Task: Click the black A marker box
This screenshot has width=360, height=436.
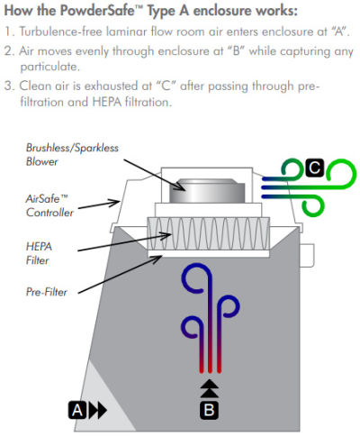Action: click(77, 410)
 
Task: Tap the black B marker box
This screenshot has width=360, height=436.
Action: click(209, 410)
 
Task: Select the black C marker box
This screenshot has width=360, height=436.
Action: click(315, 168)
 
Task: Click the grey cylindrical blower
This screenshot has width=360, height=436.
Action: click(207, 191)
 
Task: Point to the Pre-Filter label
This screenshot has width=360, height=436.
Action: click(47, 292)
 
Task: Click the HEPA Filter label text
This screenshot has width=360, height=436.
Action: click(39, 253)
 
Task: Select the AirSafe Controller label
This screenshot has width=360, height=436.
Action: click(49, 205)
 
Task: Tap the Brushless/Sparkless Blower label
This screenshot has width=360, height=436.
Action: click(72, 155)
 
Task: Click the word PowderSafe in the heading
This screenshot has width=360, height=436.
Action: click(97, 11)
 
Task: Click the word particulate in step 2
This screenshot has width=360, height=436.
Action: click(49, 67)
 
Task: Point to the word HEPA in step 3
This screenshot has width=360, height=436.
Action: click(107, 102)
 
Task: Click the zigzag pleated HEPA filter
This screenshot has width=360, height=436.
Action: click(208, 233)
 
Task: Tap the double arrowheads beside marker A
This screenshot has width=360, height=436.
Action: click(98, 410)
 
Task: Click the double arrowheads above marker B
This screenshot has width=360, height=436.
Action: click(210, 389)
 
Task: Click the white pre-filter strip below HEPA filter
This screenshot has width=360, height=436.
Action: click(209, 254)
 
